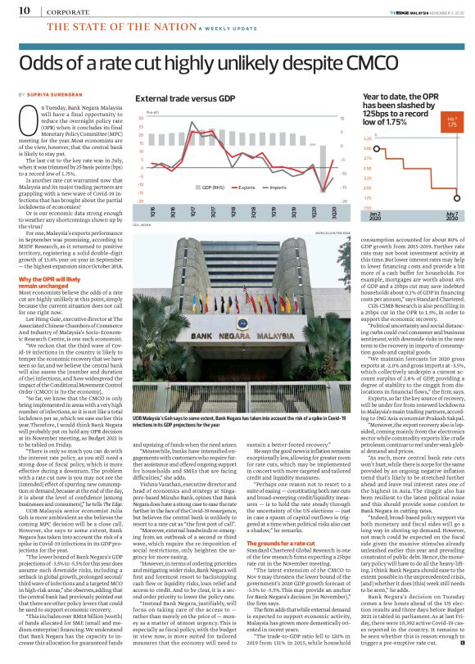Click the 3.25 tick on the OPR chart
click(x=367, y=138)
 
